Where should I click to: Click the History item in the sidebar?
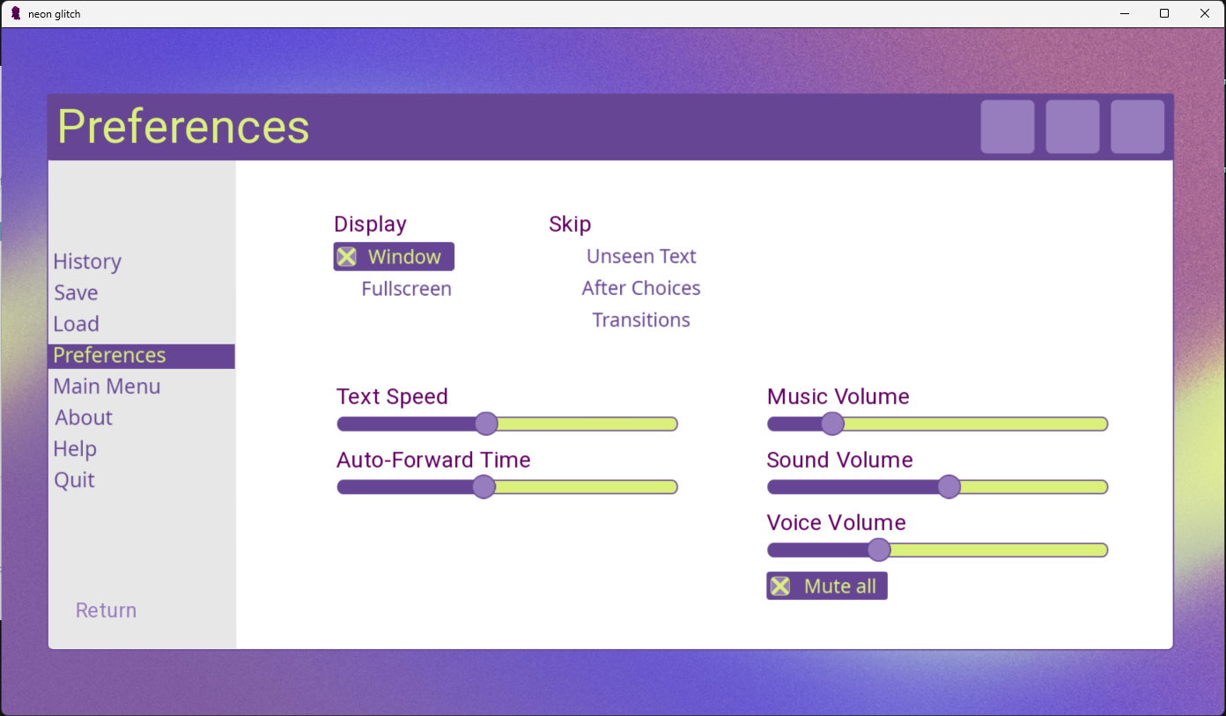[x=87, y=262]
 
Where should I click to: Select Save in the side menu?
[x=76, y=293]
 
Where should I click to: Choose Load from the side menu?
[x=76, y=324]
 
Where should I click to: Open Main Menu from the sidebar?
[x=107, y=387]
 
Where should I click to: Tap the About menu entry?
[x=84, y=417]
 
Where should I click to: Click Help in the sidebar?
[x=75, y=449]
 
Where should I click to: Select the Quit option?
[x=75, y=481]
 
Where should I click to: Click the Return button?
[x=107, y=610]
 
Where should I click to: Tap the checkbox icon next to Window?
[x=346, y=257]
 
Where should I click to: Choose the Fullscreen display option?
[x=407, y=289]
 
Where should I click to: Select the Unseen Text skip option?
[x=641, y=256]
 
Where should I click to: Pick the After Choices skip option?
[x=641, y=288]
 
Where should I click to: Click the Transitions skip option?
[x=641, y=320]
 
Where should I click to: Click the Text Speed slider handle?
[x=486, y=424]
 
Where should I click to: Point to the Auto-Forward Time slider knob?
[x=484, y=487]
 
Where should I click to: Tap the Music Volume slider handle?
[x=832, y=424]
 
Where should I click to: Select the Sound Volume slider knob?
[x=949, y=487]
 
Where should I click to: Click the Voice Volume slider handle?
[x=879, y=550]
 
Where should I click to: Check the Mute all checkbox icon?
[x=780, y=587]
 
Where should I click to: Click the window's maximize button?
[x=1164, y=14]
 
